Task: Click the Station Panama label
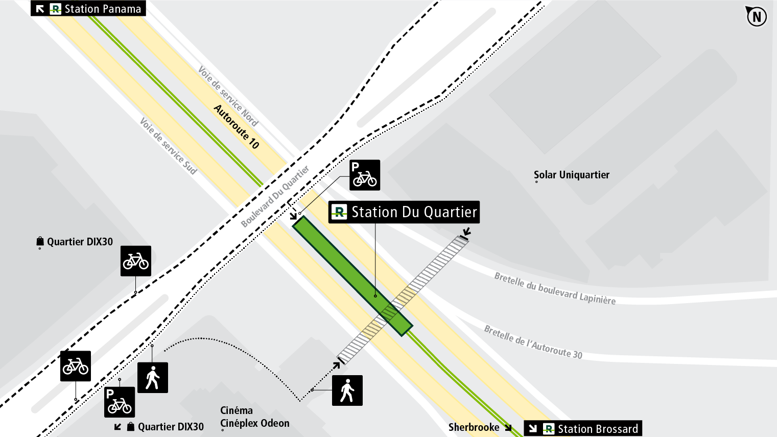coord(102,9)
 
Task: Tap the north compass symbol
coord(756,16)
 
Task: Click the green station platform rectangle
coord(352,275)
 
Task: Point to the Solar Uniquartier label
coord(571,175)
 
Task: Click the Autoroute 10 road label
coord(237,127)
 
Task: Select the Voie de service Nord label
coord(228,96)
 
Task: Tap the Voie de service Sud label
coord(168,146)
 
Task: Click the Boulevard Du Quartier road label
coord(275,196)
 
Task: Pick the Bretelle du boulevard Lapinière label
coord(555,289)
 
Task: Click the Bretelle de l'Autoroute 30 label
coord(533,342)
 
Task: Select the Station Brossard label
coord(597,428)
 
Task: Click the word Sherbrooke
coord(474,427)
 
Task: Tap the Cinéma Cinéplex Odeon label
coord(254,417)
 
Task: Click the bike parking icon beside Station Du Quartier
coord(365,175)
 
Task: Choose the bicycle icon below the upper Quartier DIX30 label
coord(136,261)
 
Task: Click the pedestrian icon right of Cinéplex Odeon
coord(347,390)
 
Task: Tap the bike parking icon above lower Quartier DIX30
coord(120,402)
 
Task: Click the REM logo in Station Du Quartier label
coord(339,212)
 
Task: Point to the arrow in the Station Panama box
coord(40,9)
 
